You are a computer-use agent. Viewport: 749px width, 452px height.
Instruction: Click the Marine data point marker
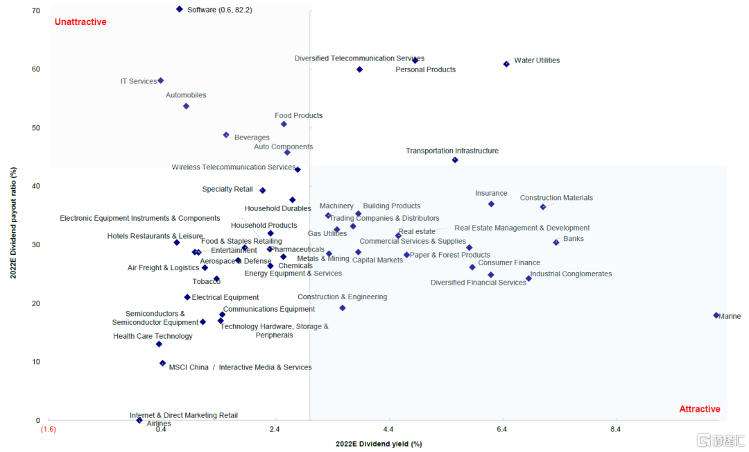click(716, 315)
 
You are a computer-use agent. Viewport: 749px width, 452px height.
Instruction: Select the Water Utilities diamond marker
click(506, 64)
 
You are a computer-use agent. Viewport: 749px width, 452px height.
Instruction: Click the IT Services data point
click(160, 81)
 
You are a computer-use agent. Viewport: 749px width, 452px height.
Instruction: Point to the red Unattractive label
click(80, 22)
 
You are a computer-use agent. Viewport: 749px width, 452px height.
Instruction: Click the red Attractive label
click(699, 409)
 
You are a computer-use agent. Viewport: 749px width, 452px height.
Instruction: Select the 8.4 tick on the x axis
click(615, 430)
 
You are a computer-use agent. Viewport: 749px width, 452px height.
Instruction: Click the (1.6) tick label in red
click(48, 430)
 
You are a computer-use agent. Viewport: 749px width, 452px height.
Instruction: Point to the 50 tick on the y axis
click(35, 128)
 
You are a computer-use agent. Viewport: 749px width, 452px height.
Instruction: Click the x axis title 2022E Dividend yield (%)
click(379, 444)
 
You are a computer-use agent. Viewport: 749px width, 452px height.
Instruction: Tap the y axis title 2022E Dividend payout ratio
click(14, 223)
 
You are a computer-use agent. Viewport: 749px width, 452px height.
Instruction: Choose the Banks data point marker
click(556, 242)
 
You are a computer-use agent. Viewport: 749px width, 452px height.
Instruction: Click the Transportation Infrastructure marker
click(455, 160)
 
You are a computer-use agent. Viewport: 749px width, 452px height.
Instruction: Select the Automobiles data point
click(186, 106)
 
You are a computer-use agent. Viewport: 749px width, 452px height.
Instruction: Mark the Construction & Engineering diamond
click(343, 308)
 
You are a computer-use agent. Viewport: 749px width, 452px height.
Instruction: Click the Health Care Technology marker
click(159, 344)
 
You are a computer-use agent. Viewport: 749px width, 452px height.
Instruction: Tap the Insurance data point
click(491, 204)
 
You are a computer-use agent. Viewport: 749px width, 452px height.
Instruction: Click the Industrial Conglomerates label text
click(571, 274)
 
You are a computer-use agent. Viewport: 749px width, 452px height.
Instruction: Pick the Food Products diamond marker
click(284, 124)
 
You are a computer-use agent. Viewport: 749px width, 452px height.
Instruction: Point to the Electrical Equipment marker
click(187, 297)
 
